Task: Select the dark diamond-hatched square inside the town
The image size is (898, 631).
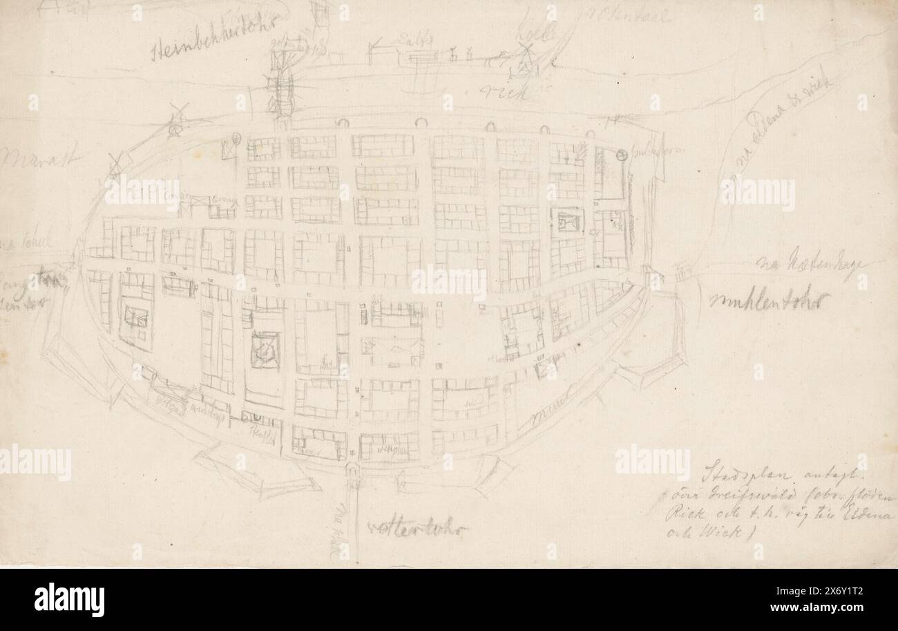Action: click(x=265, y=349)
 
